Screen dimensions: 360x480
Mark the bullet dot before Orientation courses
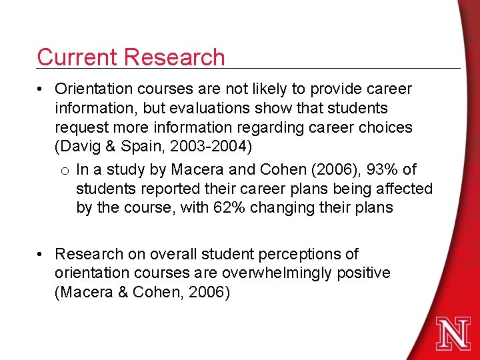[x=41, y=89]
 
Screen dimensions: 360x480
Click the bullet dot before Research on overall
[x=41, y=255]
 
